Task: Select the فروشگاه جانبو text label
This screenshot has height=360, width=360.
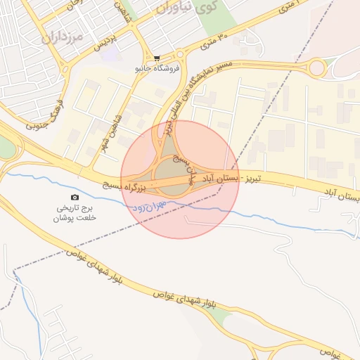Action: pos(157,69)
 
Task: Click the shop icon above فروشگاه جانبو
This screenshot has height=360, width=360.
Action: pos(157,58)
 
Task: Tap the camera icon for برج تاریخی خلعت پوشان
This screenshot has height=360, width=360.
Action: pos(75,198)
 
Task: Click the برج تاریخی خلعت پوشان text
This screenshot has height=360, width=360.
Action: pos(75,213)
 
